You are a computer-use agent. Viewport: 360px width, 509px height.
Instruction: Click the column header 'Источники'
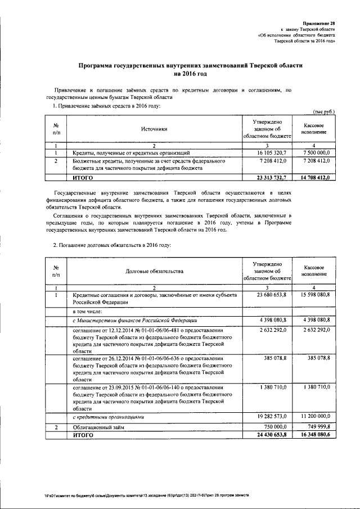point(154,129)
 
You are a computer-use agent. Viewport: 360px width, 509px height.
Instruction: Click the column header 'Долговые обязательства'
point(154,272)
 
